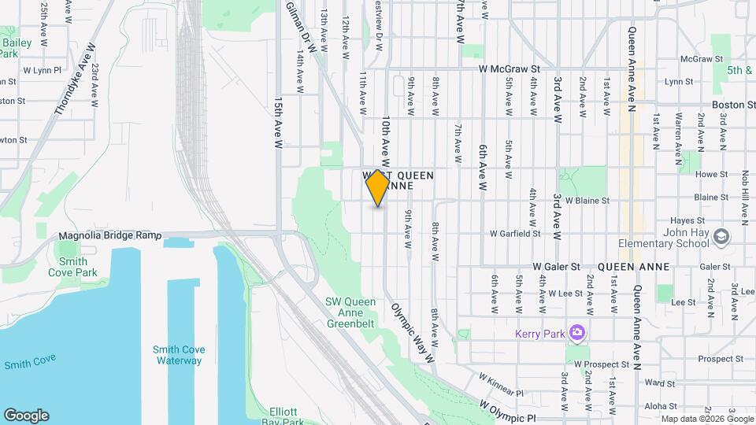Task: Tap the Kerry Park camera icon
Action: (x=577, y=334)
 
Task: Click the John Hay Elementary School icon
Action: (x=721, y=236)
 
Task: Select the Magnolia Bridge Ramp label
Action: (x=110, y=235)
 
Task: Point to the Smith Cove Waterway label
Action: (x=177, y=355)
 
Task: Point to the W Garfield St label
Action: (x=514, y=234)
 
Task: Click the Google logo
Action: (x=26, y=416)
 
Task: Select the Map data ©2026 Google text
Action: (x=706, y=419)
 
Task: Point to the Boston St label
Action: (x=727, y=104)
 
